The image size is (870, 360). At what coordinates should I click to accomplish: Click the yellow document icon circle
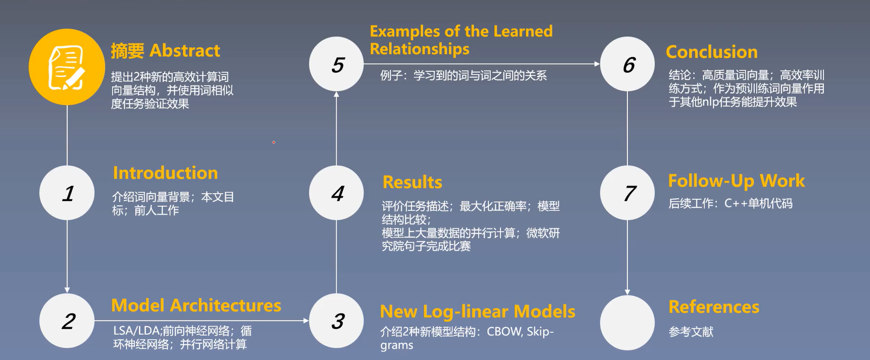point(67,67)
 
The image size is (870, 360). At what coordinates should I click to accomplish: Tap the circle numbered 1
point(67,193)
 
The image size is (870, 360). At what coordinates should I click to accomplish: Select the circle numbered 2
point(67,321)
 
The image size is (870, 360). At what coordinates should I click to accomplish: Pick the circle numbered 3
point(337,321)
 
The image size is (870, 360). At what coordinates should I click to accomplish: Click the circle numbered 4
point(337,193)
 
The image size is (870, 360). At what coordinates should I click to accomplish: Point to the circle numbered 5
point(337,64)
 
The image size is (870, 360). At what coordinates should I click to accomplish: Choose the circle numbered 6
point(627,64)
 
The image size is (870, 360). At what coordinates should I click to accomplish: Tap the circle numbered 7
point(627,193)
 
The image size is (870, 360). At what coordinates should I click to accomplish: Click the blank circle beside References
point(627,322)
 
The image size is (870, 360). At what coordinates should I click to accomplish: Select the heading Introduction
point(165,173)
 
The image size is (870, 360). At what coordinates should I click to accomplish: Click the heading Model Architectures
point(196,305)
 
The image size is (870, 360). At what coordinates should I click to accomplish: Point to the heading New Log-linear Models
point(477,311)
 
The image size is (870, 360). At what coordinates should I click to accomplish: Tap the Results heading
point(412,182)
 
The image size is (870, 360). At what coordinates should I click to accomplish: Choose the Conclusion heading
point(711,52)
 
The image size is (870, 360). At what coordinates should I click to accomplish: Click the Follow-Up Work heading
point(736,181)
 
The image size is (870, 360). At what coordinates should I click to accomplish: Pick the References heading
point(713,307)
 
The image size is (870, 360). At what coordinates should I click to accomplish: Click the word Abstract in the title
point(185,51)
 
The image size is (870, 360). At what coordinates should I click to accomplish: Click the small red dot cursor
point(273,142)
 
